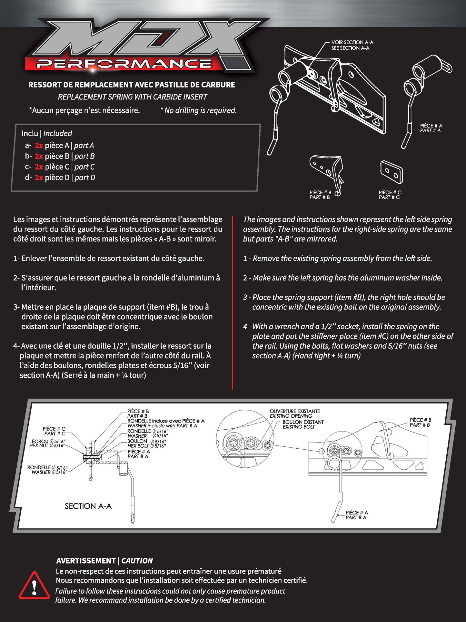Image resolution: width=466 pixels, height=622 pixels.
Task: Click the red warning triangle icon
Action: (34, 586)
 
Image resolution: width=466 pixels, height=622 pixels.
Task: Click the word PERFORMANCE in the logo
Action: (124, 64)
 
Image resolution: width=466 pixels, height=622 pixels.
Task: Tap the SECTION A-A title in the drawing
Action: (88, 506)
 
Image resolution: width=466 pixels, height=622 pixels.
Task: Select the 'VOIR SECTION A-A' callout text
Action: (352, 42)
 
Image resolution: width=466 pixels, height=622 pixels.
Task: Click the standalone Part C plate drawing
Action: (391, 172)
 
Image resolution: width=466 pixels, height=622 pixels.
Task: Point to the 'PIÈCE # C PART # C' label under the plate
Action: (390, 195)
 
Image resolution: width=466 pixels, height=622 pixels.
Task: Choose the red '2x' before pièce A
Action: (39, 146)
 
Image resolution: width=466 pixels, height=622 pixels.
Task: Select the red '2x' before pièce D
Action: (39, 178)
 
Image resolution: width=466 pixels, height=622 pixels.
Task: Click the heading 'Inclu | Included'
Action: (47, 133)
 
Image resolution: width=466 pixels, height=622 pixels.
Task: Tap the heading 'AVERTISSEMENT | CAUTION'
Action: (104, 561)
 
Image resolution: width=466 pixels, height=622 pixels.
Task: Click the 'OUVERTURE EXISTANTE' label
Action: (295, 411)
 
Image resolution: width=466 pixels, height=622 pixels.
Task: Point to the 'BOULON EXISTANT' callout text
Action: (303, 422)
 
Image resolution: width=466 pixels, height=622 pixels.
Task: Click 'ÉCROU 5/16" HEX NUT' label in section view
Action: (48, 443)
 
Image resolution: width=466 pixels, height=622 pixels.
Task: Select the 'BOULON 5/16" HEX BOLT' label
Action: (147, 443)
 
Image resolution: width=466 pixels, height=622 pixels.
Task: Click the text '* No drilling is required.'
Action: (198, 110)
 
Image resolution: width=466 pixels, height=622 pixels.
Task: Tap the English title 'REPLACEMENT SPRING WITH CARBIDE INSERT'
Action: (132, 97)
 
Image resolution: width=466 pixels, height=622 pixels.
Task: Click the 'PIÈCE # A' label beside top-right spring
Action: (431, 126)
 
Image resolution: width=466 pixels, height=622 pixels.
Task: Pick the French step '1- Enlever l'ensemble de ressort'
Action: (109, 258)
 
